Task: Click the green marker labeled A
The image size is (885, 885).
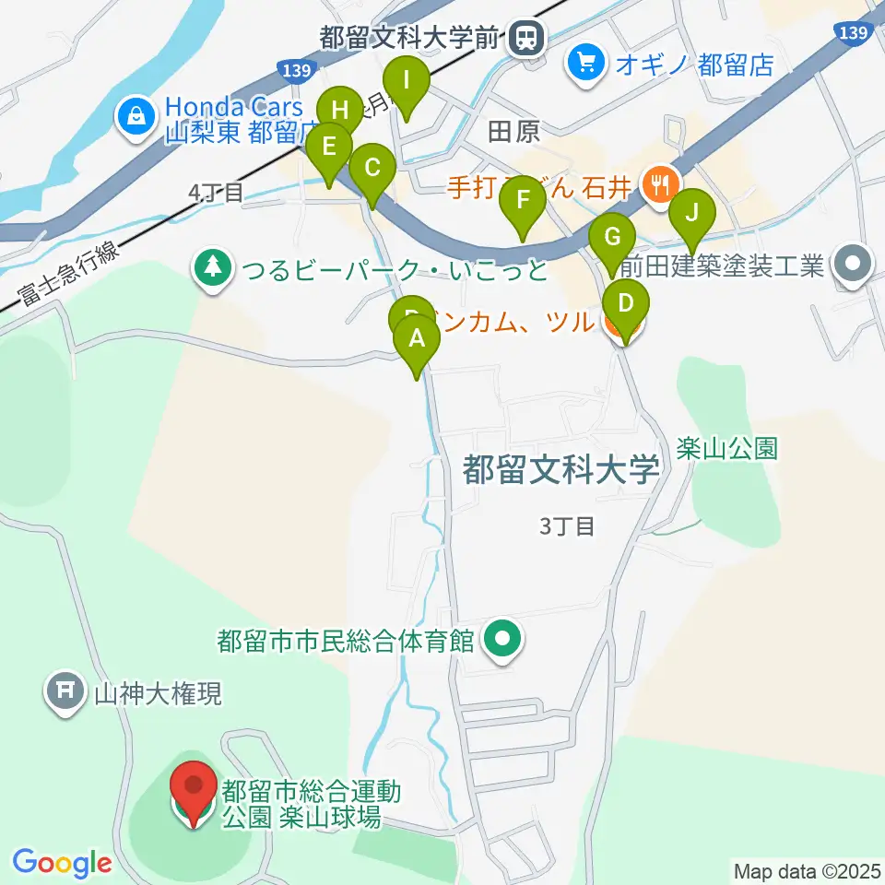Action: tap(417, 341)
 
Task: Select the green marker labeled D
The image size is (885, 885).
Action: tap(626, 305)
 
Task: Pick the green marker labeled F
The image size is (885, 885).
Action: tap(523, 202)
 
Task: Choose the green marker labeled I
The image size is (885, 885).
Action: tap(407, 83)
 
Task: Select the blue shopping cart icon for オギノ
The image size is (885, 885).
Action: tap(585, 64)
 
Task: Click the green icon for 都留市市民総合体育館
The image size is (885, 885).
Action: tap(502, 637)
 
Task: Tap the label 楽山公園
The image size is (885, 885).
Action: tap(726, 449)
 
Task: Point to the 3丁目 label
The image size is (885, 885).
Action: tap(568, 526)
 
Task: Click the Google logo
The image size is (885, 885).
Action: tap(62, 864)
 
